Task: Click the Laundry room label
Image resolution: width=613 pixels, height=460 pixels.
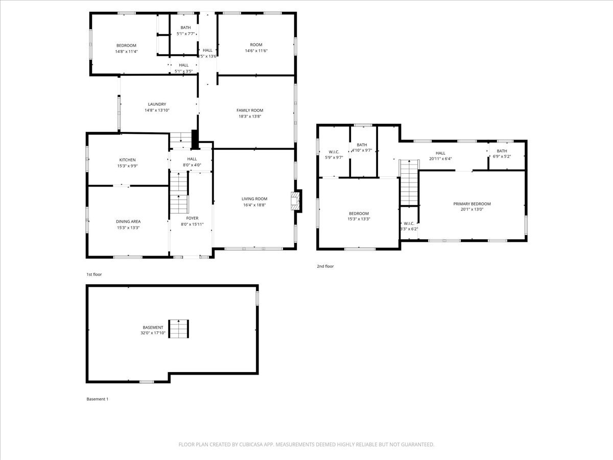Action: (156, 104)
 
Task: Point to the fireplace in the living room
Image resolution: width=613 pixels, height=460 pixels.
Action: (296, 201)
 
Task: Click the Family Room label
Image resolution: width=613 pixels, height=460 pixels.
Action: (250, 110)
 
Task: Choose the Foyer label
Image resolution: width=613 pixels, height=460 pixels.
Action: (192, 218)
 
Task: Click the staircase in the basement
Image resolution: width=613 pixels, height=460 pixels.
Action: (179, 329)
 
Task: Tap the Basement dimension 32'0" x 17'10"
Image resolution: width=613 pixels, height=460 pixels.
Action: (153, 333)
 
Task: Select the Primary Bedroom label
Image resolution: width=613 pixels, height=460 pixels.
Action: (471, 204)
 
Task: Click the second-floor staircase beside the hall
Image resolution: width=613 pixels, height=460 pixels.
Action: (409, 182)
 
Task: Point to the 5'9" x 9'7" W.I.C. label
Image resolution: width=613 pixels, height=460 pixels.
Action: (334, 152)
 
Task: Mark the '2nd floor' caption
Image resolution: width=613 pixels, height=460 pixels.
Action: (325, 266)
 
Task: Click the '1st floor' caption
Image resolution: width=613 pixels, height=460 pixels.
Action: (94, 274)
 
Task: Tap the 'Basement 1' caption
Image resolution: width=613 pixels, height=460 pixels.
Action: (97, 399)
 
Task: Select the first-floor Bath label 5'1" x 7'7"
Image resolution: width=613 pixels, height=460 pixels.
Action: (185, 28)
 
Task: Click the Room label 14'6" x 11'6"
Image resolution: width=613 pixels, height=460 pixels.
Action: (256, 45)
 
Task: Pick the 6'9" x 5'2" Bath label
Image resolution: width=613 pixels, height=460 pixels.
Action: (502, 151)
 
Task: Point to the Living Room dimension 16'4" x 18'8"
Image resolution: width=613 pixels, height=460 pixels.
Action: (254, 205)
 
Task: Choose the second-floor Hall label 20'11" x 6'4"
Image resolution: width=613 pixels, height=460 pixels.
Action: (440, 153)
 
